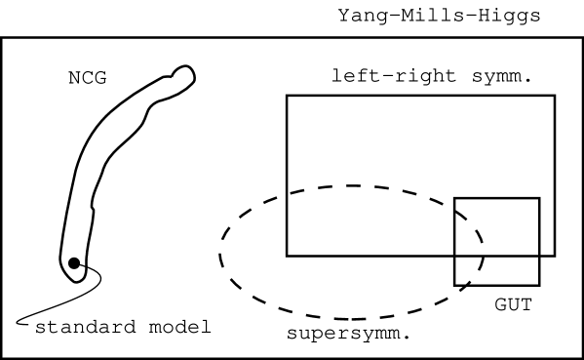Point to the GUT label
512,304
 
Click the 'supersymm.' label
347,334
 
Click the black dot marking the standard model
74,261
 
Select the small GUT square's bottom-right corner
539,285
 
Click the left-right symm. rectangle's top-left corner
287,96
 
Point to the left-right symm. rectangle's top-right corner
555,96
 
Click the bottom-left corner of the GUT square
454,285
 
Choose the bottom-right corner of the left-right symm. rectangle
555,256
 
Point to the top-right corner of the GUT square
539,198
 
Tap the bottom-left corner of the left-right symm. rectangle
287,256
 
